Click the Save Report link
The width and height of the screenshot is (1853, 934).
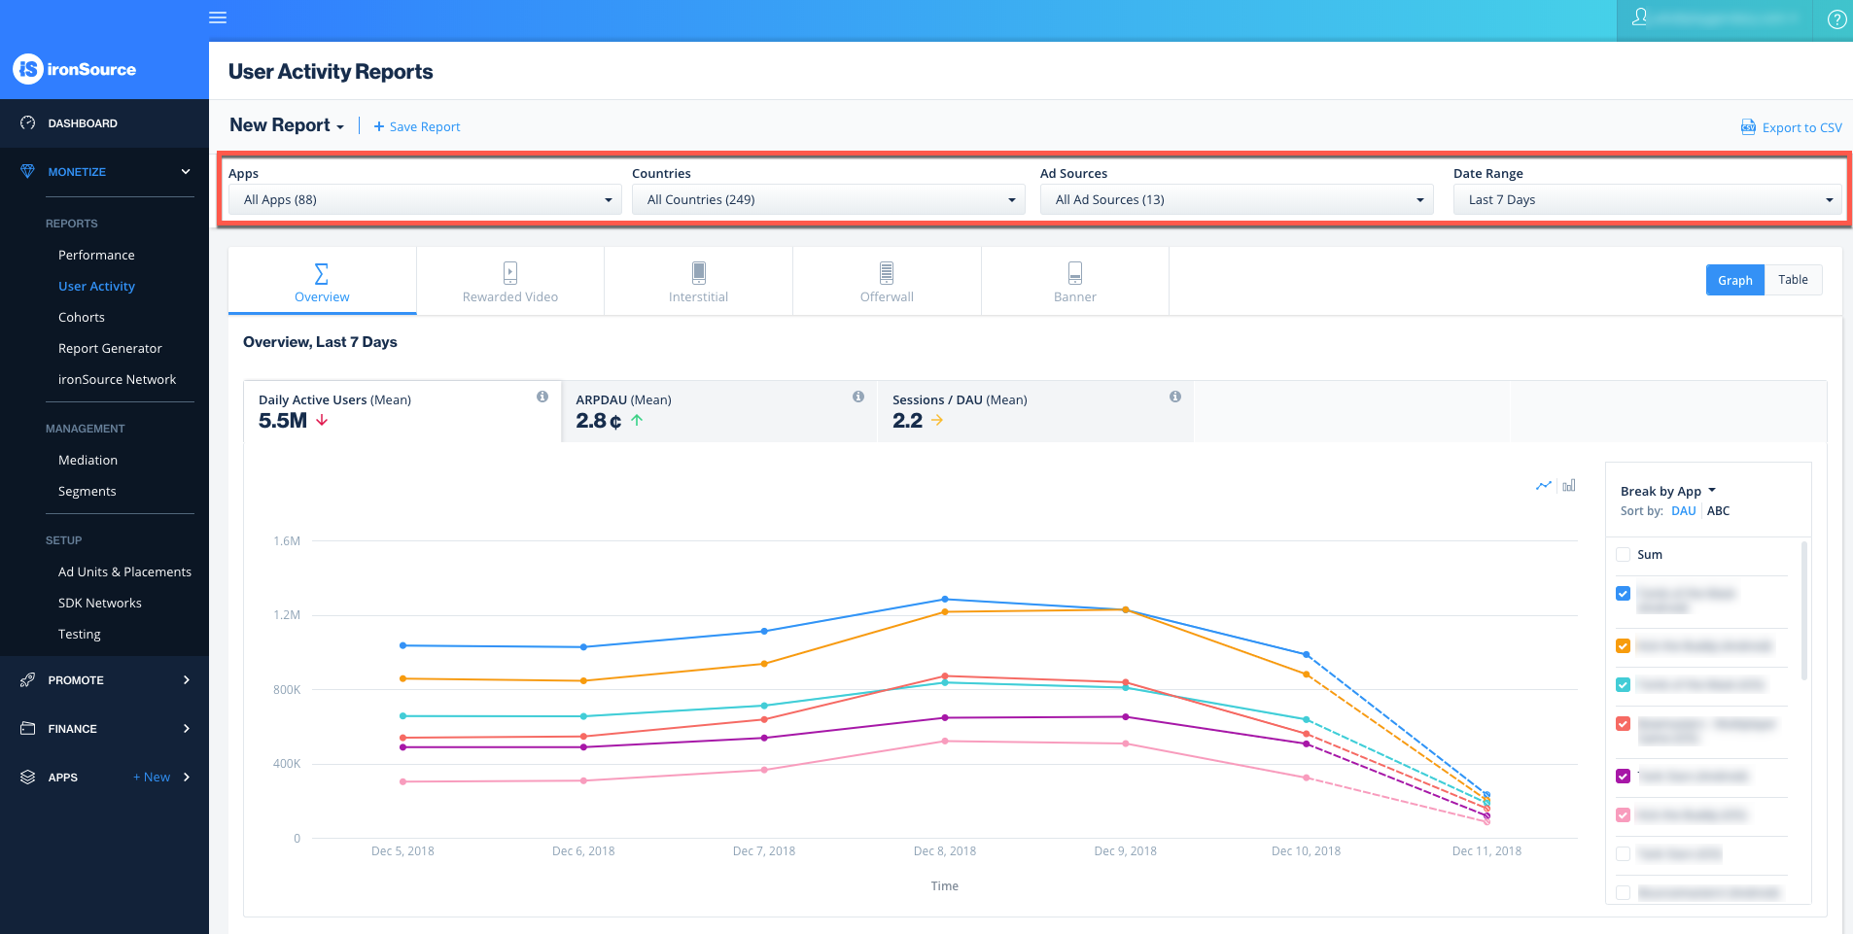click(417, 126)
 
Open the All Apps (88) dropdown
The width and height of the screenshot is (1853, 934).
click(425, 199)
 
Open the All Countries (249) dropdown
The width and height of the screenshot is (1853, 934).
click(828, 199)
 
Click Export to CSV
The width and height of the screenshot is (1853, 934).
click(1791, 127)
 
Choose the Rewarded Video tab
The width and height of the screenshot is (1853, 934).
click(510, 281)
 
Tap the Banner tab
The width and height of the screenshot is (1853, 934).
click(1074, 281)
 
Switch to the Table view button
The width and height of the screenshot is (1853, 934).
click(1793, 280)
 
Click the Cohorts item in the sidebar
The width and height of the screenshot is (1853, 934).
click(82, 317)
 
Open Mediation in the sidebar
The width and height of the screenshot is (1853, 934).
click(87, 460)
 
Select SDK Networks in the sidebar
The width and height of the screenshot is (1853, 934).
click(100, 603)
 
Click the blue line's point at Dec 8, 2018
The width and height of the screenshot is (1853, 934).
click(945, 600)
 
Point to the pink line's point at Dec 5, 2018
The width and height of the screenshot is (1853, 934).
click(402, 781)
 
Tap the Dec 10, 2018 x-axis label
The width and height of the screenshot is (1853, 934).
click(1306, 851)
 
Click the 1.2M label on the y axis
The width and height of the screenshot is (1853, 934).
click(287, 615)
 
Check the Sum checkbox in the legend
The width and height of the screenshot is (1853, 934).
click(1623, 555)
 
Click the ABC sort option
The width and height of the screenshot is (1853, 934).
click(1718, 511)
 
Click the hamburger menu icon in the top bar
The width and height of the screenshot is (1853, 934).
click(218, 17)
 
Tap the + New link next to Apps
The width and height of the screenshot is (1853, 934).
click(152, 778)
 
